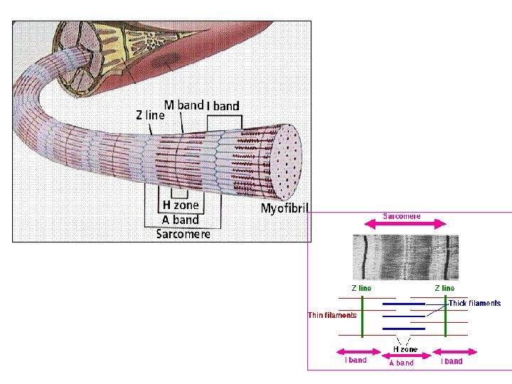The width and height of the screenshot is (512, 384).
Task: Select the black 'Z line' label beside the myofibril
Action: (150, 114)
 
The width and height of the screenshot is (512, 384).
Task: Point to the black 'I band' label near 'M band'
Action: (223, 106)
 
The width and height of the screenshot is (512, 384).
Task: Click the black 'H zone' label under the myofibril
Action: (181, 206)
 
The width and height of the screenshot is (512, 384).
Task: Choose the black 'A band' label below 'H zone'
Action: (176, 220)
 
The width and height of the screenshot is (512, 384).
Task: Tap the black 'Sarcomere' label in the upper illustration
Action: (183, 234)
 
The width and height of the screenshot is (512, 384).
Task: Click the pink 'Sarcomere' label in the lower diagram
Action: (402, 216)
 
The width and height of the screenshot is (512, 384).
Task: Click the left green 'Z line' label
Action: (361, 288)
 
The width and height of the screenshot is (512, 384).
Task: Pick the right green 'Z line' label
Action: (444, 288)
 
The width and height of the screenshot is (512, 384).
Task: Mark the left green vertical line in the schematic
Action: (361, 316)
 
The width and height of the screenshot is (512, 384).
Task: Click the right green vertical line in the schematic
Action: (445, 316)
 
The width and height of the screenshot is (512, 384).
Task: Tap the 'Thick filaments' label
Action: (474, 303)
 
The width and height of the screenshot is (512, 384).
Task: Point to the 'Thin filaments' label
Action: (332, 315)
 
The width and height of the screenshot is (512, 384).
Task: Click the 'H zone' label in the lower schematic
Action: (405, 349)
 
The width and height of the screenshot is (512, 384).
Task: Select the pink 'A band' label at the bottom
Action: (400, 363)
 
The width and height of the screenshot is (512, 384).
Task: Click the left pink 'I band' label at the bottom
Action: (356, 361)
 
